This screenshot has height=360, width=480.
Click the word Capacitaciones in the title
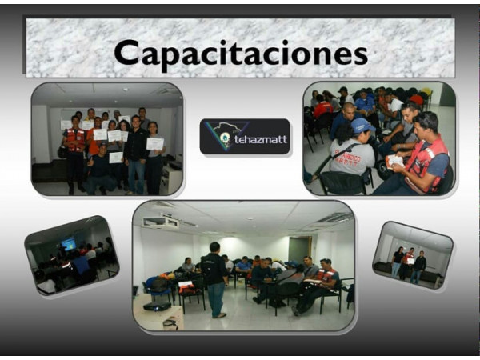pyautogui.click(x=241, y=54)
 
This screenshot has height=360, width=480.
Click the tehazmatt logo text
pyautogui.click(x=261, y=139)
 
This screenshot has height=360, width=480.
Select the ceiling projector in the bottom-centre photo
pyautogui.click(x=161, y=221)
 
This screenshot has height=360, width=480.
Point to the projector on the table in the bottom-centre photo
pyautogui.click(x=157, y=306)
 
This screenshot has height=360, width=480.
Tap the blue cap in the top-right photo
pyautogui.click(x=362, y=126)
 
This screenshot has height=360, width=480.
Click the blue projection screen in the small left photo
pyautogui.click(x=68, y=244)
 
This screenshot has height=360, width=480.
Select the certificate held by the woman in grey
pyautogui.click(x=155, y=144)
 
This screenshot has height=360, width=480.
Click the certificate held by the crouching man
pyautogui.click(x=116, y=158)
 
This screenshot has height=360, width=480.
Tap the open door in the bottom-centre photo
pyautogui.click(x=300, y=250)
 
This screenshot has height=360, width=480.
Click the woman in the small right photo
pyautogui.click(x=397, y=262)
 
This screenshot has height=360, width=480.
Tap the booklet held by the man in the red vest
pyautogui.click(x=394, y=162)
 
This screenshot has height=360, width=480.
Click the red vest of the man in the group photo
pyautogui.click(x=76, y=140)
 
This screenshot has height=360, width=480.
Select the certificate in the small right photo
pyautogui.click(x=410, y=261)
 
